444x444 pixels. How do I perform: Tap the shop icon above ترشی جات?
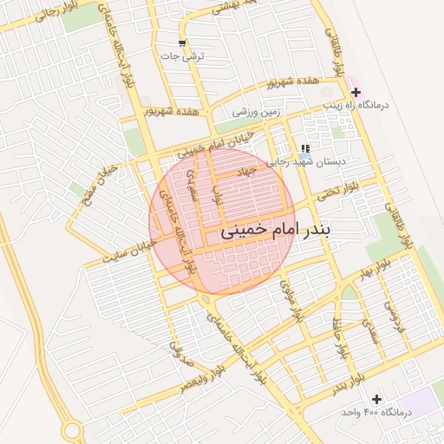click(181, 43)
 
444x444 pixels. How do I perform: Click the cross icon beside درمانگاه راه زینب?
click(356, 91)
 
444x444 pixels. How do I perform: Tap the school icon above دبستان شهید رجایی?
click(304, 148)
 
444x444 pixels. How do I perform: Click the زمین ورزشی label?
click(258, 111)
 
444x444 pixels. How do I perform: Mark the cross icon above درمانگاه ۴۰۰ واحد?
click(375, 398)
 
